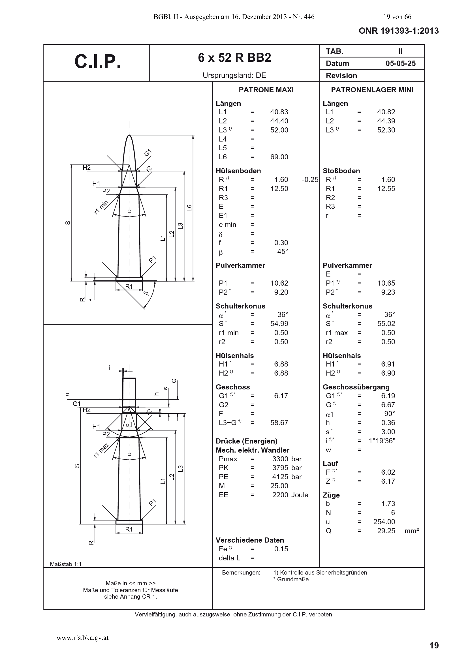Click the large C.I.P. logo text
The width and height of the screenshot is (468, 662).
coord(97,61)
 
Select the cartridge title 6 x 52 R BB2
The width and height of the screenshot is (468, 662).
coord(234,58)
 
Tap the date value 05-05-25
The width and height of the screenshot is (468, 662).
coord(401,63)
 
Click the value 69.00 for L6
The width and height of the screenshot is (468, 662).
coord(279,157)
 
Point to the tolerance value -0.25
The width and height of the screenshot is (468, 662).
coord(310,180)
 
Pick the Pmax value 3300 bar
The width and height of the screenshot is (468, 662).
coord(287,459)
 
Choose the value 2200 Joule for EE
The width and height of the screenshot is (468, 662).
coord(290,495)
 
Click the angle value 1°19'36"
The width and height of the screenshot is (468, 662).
coord(382,441)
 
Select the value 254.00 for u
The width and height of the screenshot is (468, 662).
coord(384,522)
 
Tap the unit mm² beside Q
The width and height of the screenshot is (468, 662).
coord(411,530)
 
